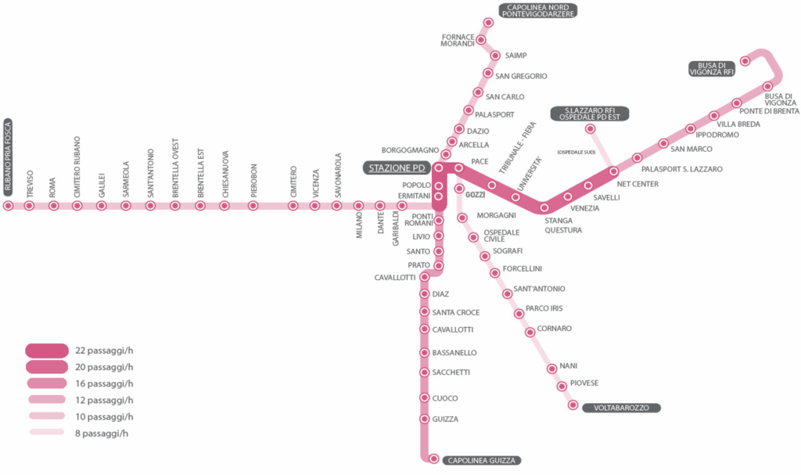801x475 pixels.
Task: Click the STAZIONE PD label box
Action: (x=397, y=168)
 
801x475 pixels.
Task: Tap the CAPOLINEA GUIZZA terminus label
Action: (x=482, y=460)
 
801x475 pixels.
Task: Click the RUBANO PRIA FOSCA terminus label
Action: (x=8, y=157)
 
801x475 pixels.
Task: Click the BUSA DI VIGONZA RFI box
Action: (x=712, y=68)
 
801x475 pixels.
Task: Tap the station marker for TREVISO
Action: (x=29, y=206)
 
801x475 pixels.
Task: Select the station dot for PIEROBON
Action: (x=253, y=206)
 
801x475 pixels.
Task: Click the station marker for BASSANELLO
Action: (x=424, y=353)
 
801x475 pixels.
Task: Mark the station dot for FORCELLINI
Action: (x=495, y=273)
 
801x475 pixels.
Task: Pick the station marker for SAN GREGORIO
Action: (x=487, y=74)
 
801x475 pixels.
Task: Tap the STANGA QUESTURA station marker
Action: (x=545, y=207)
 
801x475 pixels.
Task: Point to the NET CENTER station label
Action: (x=638, y=184)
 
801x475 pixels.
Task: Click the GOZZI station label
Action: (x=476, y=193)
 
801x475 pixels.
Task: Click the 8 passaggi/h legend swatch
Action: (x=47, y=432)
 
